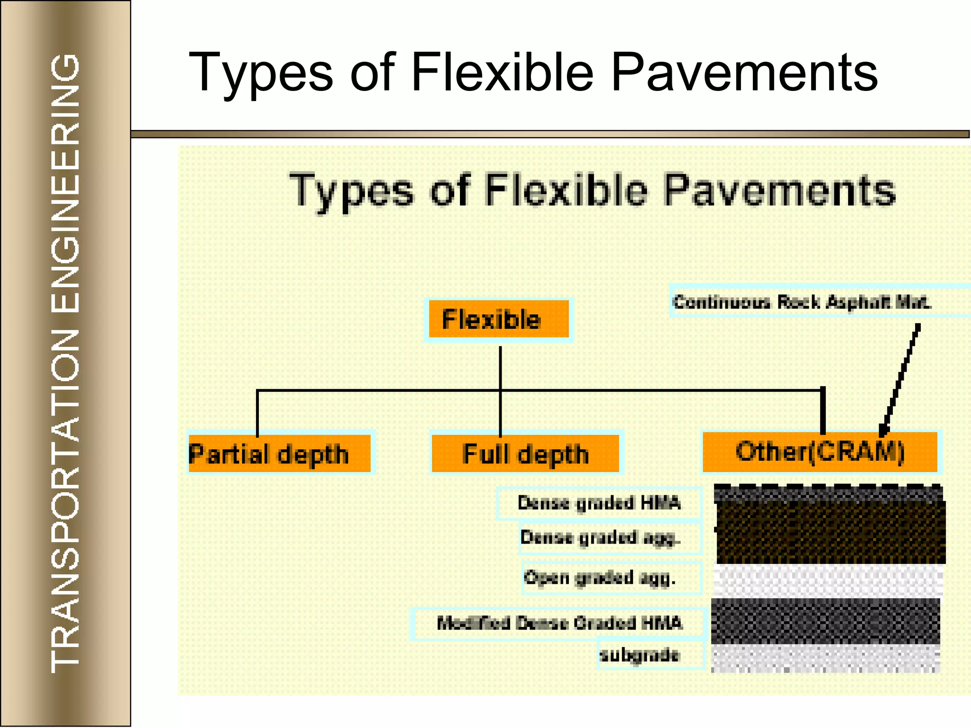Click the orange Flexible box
tap(498, 319)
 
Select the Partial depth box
tap(279, 453)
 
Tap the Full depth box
tap(525, 453)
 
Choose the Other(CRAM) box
tap(820, 452)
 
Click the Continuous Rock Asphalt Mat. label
tap(801, 301)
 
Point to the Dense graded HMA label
tap(599, 502)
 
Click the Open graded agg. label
tap(600, 577)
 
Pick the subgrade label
tap(640, 655)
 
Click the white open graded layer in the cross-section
tap(827, 580)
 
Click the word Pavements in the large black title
tap(744, 73)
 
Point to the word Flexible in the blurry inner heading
tap(566, 191)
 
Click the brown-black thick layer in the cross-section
tap(830, 532)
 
